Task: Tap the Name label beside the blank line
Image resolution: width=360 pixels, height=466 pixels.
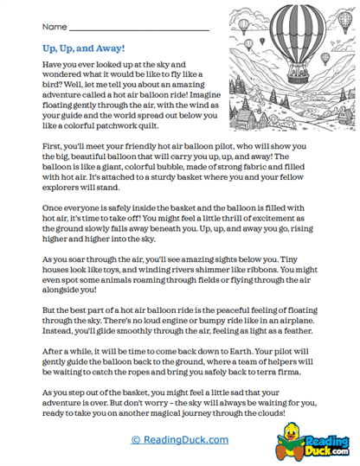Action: [x=54, y=28]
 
